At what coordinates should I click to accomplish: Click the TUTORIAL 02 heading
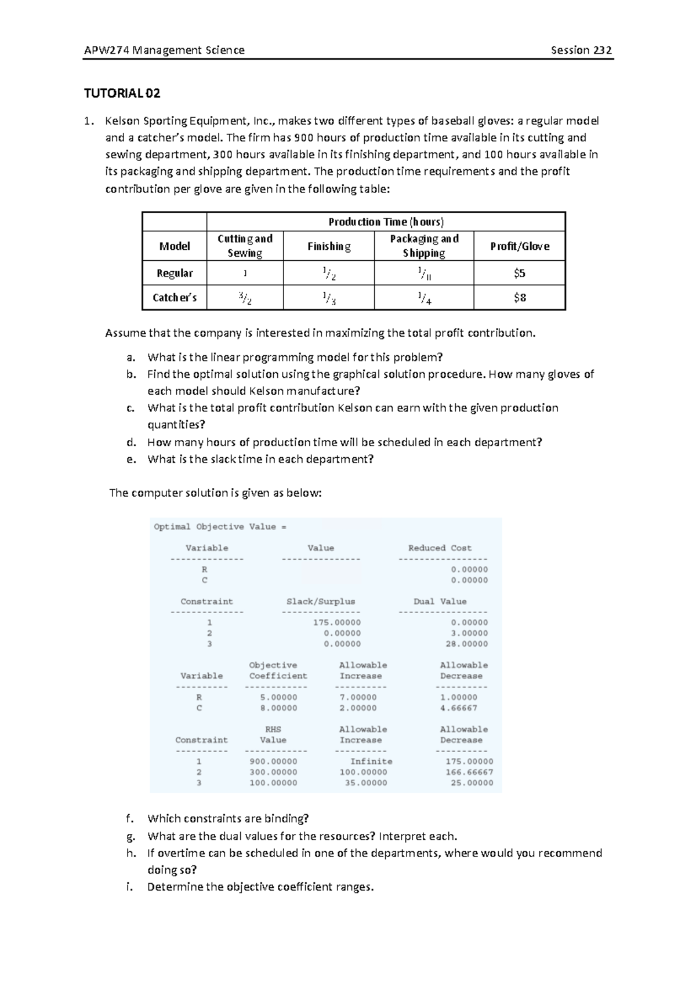122,93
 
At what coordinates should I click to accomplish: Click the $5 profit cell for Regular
519,273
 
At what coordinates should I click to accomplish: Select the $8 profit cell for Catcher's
519,298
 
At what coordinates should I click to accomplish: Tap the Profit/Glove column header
519,246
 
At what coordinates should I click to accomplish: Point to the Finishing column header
329,246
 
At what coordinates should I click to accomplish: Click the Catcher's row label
175,298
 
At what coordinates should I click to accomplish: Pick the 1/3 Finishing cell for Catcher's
329,298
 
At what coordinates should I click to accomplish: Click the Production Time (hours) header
386,222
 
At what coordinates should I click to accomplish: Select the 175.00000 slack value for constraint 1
337,622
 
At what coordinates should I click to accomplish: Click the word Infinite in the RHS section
371,761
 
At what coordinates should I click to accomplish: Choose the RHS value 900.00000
273,761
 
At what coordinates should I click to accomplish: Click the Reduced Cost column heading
440,548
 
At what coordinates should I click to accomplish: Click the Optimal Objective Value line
220,527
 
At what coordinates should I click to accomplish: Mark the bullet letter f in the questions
129,819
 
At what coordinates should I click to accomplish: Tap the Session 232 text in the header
581,50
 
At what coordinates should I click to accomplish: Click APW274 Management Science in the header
164,50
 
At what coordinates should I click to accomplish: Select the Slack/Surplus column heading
321,602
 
